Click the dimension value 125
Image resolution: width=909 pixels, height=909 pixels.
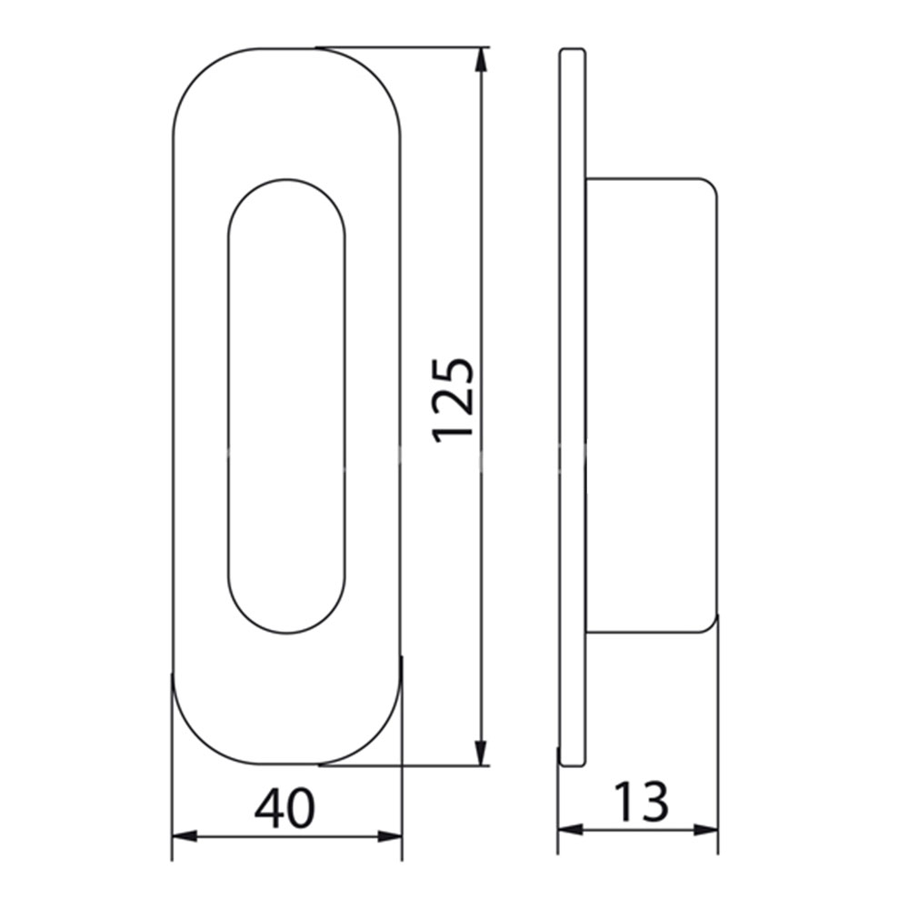coord(454,401)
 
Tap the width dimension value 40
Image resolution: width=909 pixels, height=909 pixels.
coord(285,808)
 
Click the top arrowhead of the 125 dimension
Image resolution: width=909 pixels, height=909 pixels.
coord(481,60)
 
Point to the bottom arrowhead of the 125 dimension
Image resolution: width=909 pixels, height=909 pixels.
coord(481,753)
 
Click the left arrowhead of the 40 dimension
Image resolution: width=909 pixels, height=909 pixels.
coord(185,836)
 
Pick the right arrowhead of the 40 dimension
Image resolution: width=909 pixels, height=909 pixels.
coord(390,836)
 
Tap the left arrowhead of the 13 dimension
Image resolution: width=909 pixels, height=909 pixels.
coord(571,830)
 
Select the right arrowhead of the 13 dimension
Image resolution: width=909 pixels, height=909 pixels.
coord(705,830)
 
